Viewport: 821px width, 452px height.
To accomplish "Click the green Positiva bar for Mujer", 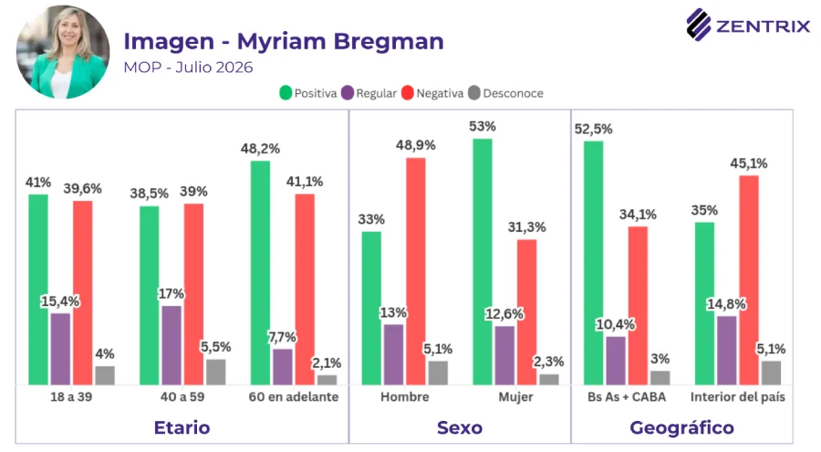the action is (x=483, y=262).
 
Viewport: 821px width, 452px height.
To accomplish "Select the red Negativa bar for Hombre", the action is (x=416, y=271).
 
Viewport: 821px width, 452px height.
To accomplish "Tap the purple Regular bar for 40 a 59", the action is (x=171, y=345).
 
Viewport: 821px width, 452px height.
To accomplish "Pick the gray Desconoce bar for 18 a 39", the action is (x=105, y=375).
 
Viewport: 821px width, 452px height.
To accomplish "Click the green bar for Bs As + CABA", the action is (x=593, y=263).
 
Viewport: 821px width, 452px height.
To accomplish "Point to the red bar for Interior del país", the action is (x=749, y=280).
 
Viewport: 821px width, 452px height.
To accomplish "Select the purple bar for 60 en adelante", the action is (x=283, y=366).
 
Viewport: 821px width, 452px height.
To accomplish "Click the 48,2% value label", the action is (x=260, y=149).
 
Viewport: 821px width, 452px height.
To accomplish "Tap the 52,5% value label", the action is (x=593, y=129).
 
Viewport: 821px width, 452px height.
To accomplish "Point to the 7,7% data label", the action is (x=282, y=337).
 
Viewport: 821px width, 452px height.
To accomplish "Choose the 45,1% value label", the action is (x=749, y=163).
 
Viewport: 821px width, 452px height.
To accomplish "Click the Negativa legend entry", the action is (x=432, y=93).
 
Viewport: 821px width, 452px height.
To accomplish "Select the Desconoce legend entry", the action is (x=505, y=93).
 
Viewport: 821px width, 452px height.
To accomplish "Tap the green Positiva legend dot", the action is (x=286, y=93).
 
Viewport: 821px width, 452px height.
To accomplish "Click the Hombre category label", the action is (x=405, y=397).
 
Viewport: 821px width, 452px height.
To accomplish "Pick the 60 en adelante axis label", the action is (x=293, y=397).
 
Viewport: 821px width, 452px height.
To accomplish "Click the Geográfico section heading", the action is (x=681, y=428).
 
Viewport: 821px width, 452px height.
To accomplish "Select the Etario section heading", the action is (x=182, y=428).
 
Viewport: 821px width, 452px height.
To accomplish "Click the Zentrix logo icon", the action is (x=699, y=24).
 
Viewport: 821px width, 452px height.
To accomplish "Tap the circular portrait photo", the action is (x=63, y=52).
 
